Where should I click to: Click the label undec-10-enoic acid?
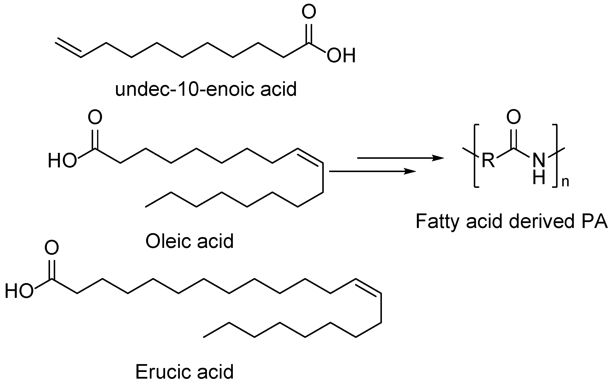tap(206, 89)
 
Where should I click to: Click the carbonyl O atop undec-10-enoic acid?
tap(309, 12)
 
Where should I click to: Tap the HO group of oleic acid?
tap(62, 161)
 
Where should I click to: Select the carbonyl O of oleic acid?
tap(95, 117)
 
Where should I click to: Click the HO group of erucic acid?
tap(19, 291)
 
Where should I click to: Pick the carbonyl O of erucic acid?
tap(51, 248)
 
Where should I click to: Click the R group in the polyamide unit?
tap(488, 161)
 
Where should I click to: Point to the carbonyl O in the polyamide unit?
tap(514, 117)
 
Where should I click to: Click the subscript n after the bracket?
tap(565, 182)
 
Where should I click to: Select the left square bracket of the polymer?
tap(476, 156)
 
